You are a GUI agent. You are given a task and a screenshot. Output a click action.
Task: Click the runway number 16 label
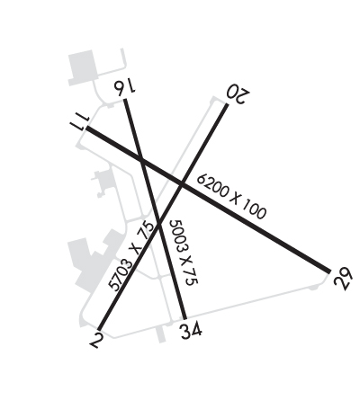tap(124, 87)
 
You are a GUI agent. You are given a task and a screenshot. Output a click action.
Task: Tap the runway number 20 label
tap(238, 93)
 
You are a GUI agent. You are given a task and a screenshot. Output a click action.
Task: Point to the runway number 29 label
tap(342, 279)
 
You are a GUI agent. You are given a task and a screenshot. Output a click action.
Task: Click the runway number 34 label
tap(191, 331)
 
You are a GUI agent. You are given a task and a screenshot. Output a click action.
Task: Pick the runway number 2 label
tap(96, 340)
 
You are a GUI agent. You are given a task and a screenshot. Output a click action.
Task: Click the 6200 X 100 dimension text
tap(231, 196)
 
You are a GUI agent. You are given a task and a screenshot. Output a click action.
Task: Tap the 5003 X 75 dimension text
tap(184, 253)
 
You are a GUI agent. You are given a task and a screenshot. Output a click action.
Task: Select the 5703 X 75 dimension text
tap(130, 255)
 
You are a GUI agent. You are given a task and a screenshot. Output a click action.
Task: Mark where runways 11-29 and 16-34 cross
tap(141, 159)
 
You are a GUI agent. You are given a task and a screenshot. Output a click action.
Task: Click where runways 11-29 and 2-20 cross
tap(182, 183)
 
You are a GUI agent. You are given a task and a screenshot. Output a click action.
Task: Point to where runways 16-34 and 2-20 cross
tap(159, 223)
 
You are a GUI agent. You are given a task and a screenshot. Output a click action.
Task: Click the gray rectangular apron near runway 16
tap(82, 67)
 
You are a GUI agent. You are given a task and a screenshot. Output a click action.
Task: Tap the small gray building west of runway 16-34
tap(103, 182)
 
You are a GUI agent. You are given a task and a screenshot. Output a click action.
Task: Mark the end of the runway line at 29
tap(329, 271)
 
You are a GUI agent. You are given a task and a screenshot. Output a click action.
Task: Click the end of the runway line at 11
tap(86, 128)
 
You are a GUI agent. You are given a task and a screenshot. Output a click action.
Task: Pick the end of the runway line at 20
tap(227, 104)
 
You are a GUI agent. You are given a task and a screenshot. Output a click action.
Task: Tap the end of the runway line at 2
tap(99, 330)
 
